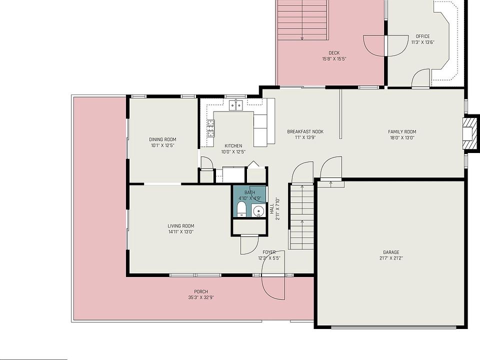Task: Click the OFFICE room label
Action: tap(423, 36)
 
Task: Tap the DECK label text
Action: tap(334, 53)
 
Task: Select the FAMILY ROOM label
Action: tap(402, 132)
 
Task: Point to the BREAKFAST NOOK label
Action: tap(305, 131)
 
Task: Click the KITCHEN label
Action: tap(233, 146)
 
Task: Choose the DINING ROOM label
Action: tap(162, 139)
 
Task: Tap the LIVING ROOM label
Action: tap(181, 226)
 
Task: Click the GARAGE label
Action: tap(391, 252)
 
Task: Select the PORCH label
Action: tap(201, 291)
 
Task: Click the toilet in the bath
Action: tap(242, 209)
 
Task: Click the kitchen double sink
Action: tap(236, 105)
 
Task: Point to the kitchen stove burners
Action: tap(210, 128)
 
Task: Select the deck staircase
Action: tap(302, 20)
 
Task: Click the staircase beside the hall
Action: tap(301, 216)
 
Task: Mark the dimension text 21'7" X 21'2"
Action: tap(391, 258)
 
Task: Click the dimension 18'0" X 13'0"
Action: tap(402, 138)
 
